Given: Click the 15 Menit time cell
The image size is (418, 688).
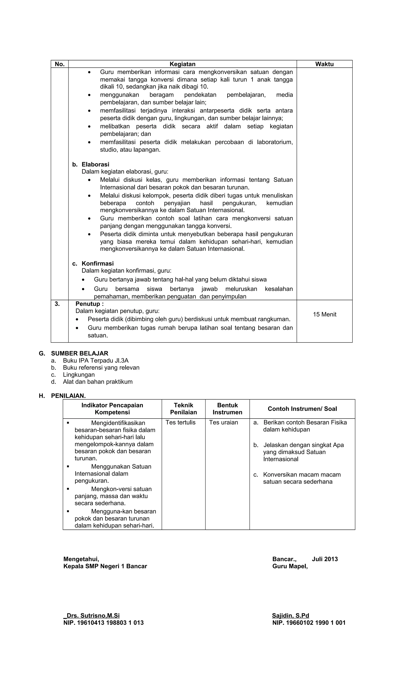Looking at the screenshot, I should point(324,314).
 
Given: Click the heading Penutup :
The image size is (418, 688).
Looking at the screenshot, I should point(89,304).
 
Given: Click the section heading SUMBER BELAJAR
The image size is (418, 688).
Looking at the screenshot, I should point(79,353).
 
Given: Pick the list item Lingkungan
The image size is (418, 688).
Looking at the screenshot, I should point(79,375).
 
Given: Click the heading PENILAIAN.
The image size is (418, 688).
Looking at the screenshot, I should point(68,396).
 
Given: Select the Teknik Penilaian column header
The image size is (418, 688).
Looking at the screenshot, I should point(183,409).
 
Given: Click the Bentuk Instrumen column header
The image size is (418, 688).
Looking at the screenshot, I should point(227,409).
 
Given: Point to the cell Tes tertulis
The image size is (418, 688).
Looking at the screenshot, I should point(180,422).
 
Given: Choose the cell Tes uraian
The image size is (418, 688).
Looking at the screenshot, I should point(223,422).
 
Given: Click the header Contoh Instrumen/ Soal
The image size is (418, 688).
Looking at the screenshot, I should point(302,409).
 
